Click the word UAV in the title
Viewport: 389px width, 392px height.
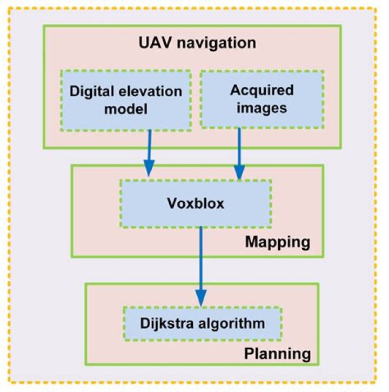pos(155,43)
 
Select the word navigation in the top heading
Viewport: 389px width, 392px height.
pos(216,43)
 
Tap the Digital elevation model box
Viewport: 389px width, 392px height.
pos(126,101)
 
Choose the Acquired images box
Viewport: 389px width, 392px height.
pos(262,99)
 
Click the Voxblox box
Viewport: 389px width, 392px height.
pos(196,203)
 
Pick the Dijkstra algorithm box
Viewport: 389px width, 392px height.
pos(203,323)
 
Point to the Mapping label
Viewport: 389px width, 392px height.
pos(278,242)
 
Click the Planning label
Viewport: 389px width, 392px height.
pos(277,354)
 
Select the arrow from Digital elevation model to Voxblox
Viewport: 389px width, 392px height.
pos(150,153)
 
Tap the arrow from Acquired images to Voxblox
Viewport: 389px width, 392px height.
pos(239,154)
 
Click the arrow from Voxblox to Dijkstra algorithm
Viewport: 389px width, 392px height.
pos(201,267)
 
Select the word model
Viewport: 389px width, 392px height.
pos(126,109)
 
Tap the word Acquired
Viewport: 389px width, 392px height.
pos(262,90)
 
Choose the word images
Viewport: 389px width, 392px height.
pos(262,109)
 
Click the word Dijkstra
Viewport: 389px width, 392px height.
pos(166,323)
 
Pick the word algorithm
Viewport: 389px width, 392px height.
pos(232,324)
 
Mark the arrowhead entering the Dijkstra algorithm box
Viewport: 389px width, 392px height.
pos(201,298)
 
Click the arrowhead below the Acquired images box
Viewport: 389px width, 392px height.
pos(239,171)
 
